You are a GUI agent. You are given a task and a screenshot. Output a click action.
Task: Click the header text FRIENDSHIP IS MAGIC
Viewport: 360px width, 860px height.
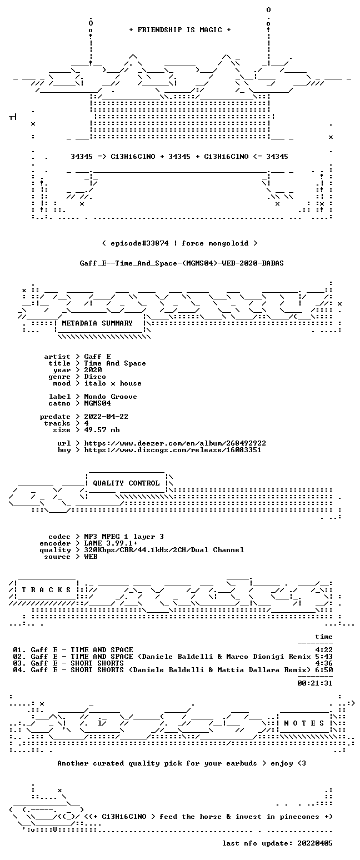180,30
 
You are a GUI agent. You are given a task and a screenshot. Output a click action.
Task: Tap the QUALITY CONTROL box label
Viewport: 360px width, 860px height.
126,483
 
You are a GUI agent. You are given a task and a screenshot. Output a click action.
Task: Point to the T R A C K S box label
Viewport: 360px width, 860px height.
46,589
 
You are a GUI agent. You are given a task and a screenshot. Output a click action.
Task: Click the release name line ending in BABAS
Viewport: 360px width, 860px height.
182,263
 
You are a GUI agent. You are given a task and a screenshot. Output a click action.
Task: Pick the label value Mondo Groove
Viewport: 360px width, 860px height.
111,397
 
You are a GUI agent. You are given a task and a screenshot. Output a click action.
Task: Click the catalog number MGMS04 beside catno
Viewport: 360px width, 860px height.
97,403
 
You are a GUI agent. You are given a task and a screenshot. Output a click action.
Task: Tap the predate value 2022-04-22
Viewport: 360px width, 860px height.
106,417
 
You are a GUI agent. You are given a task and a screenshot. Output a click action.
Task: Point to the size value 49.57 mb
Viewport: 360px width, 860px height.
102,430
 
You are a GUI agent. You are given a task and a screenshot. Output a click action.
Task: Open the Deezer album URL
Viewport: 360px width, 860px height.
175,443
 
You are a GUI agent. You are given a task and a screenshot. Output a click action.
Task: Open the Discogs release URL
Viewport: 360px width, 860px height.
173,450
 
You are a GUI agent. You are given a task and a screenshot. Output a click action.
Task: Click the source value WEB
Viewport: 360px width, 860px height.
91,557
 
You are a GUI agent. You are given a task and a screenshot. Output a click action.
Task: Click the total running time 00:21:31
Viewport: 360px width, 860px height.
314,683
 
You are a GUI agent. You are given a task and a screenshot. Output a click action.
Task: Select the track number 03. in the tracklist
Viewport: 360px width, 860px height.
19,663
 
